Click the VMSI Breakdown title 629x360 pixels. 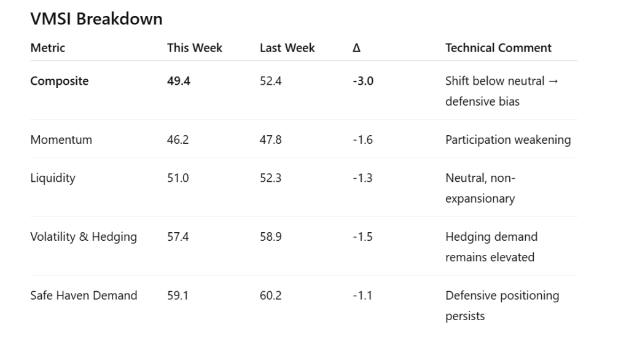point(96,19)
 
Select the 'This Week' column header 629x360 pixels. point(195,48)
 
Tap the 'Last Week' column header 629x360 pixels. point(287,48)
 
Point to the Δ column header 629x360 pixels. point(356,48)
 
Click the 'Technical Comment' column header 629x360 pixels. point(498,48)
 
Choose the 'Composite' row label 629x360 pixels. point(60,81)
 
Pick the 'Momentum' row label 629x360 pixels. point(61,139)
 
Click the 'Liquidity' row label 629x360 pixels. point(53,178)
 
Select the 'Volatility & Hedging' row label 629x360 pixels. point(84,237)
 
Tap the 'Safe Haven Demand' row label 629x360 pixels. point(84,295)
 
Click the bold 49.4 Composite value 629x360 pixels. point(179,81)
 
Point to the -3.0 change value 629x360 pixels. point(362,81)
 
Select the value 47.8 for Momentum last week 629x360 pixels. point(271,139)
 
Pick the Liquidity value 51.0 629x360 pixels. point(178,178)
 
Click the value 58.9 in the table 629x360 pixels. point(271,237)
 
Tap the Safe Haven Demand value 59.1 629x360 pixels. point(178,295)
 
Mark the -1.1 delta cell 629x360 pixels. point(362,295)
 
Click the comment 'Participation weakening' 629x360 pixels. point(508,139)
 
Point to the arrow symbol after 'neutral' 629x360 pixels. point(552,81)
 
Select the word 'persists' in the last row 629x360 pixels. point(465,316)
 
